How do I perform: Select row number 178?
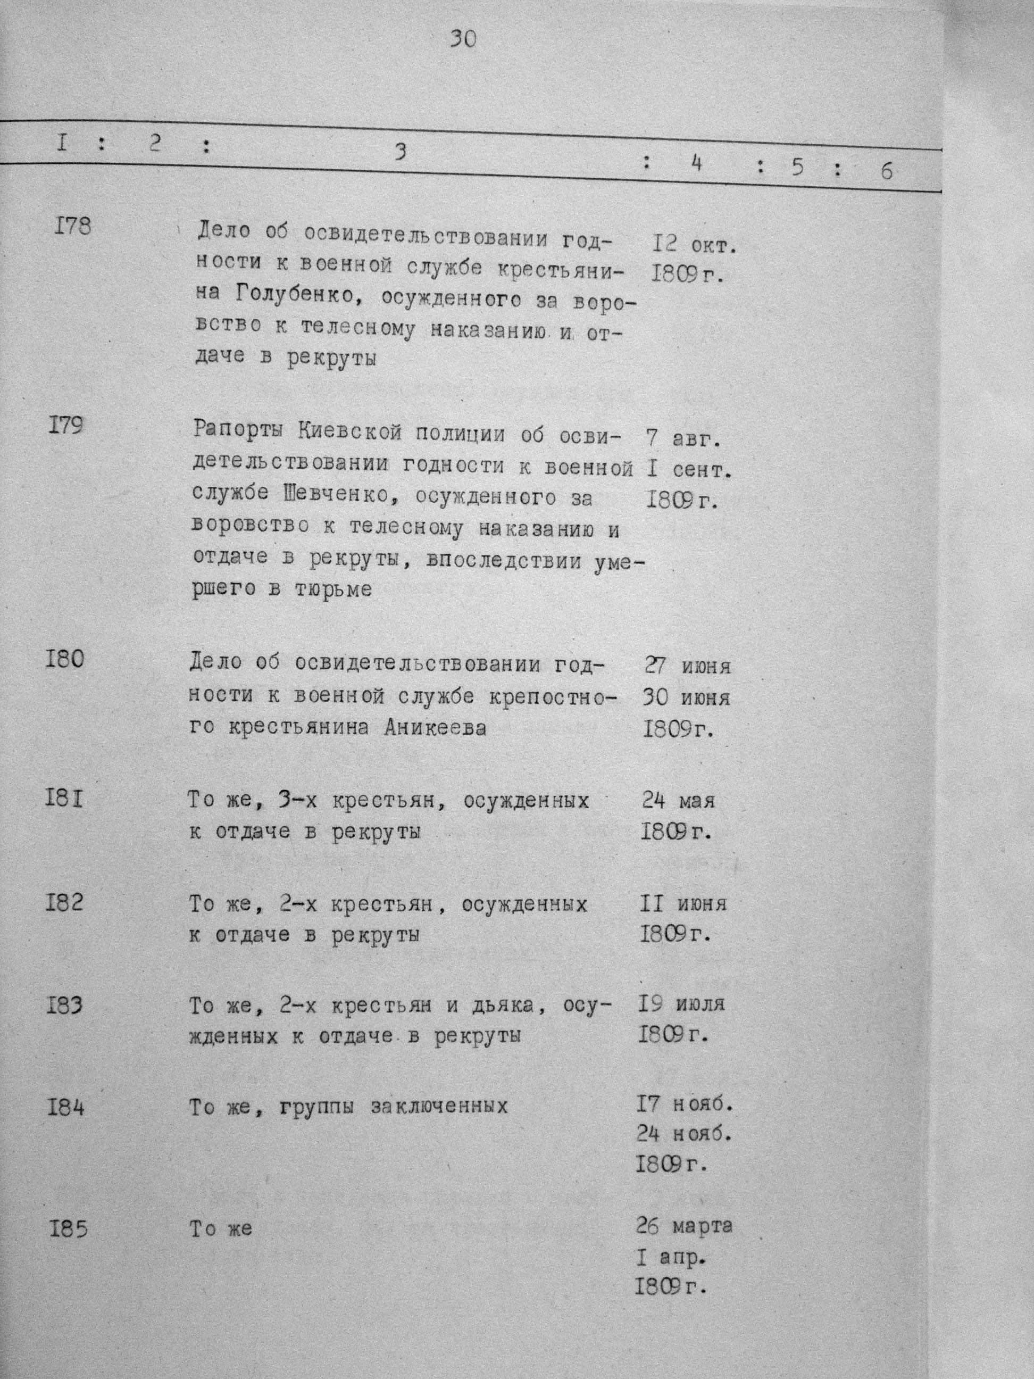[x=72, y=226]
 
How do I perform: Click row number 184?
[x=65, y=1108]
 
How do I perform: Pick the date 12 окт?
[x=694, y=245]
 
